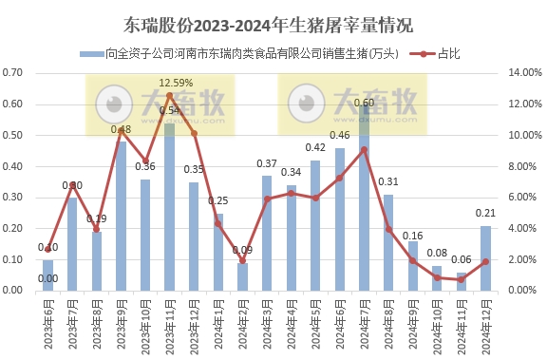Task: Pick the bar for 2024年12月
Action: [x=485, y=257]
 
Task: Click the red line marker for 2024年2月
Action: [x=242, y=260]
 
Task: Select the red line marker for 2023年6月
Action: [x=48, y=248]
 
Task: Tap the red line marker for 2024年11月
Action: [x=461, y=280]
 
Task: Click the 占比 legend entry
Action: [x=436, y=55]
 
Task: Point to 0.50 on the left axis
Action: [x=21, y=135]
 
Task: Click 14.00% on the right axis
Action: [x=523, y=73]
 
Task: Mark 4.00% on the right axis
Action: [x=523, y=228]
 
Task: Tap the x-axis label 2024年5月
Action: [x=316, y=322]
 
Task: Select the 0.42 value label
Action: [x=315, y=148]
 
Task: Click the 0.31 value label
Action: [x=387, y=181]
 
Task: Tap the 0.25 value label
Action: [x=218, y=200]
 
